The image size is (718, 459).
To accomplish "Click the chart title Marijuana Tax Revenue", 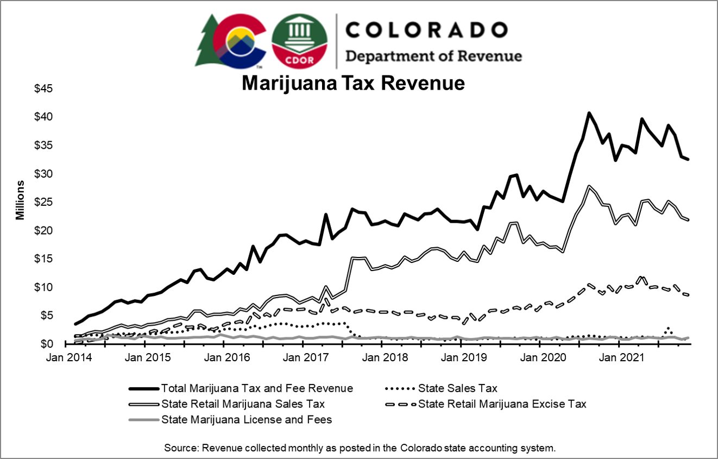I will [353, 83].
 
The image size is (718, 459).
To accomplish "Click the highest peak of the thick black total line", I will [589, 113].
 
